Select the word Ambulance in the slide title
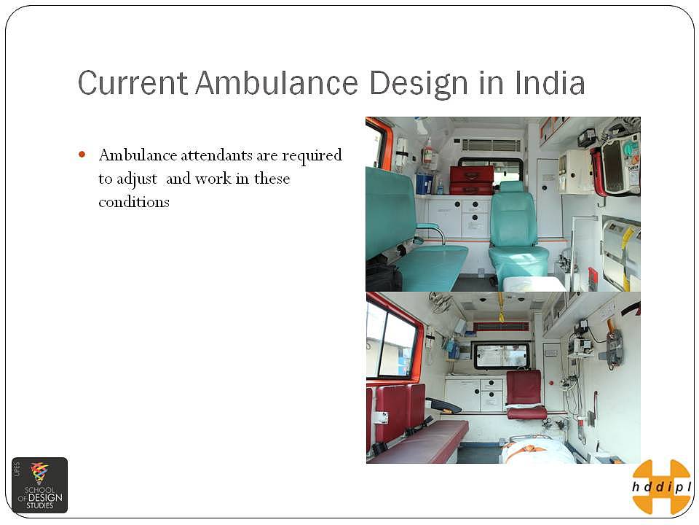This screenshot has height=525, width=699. pyautogui.click(x=277, y=82)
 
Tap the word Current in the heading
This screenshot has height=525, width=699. pyautogui.click(x=133, y=82)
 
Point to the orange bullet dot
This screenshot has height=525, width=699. pyautogui.click(x=82, y=155)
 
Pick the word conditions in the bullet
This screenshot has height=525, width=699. pyautogui.click(x=134, y=202)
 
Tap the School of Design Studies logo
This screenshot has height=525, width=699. pyautogui.click(x=39, y=485)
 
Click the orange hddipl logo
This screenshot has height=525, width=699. pyautogui.click(x=661, y=486)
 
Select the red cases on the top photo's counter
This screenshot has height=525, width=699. pyautogui.click(x=472, y=180)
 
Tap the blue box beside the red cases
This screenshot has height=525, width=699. pyautogui.click(x=424, y=182)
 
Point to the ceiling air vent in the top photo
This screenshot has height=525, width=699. pyautogui.click(x=491, y=144)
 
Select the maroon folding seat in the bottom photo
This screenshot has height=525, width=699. pyautogui.click(x=525, y=394)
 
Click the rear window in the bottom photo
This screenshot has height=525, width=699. pyautogui.click(x=502, y=355)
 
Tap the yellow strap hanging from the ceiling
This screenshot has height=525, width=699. pyautogui.click(x=501, y=307)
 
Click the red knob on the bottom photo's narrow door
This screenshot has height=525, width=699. pyautogui.click(x=551, y=383)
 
